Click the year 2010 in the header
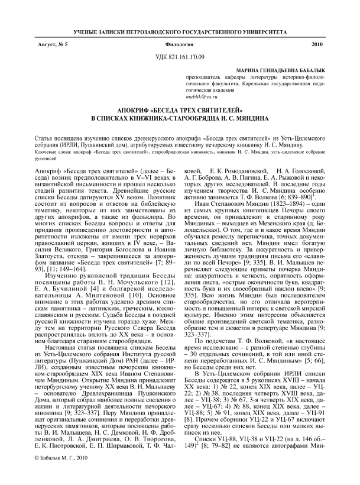(316, 44)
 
